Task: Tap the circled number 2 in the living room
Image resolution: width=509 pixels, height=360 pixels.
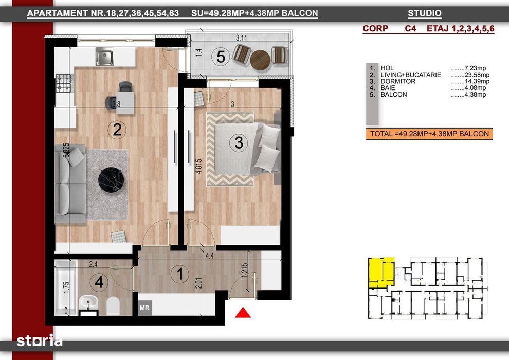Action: [x=117, y=130]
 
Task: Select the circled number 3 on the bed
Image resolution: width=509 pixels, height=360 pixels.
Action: [x=239, y=142]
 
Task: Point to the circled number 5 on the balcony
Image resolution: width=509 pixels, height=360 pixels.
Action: [x=221, y=57]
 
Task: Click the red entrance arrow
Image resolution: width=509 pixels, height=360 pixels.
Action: [x=243, y=312]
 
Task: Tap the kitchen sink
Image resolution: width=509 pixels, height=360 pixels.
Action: [x=104, y=57]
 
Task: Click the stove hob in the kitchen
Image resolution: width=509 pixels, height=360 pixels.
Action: [x=63, y=83]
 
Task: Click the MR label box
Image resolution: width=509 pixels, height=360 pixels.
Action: [x=144, y=309]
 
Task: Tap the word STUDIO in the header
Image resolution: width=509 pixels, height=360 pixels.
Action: [x=424, y=14]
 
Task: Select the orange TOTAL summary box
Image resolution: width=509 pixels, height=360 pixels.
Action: [x=429, y=134]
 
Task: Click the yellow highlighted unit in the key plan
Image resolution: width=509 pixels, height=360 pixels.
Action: [x=380, y=271]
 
